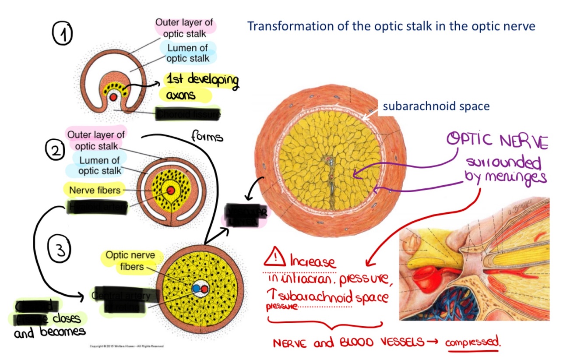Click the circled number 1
click(x=63, y=34)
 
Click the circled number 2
click(x=55, y=150)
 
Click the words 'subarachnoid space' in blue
click(x=436, y=106)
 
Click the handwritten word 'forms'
click(x=207, y=137)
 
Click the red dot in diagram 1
click(x=114, y=97)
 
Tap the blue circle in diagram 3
click(x=196, y=289)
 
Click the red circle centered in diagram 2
click(x=170, y=191)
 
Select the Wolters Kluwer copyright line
click(x=127, y=346)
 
